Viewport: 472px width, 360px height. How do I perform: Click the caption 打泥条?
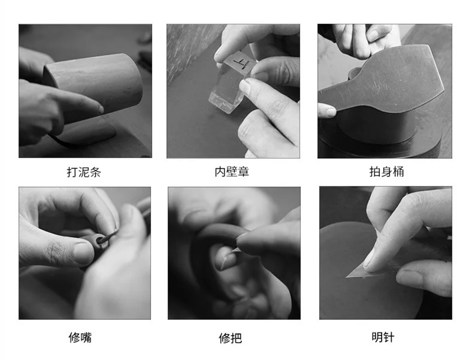[x=84, y=172]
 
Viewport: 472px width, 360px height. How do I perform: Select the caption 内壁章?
[x=232, y=171]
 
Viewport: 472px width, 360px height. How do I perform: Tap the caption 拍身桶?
[x=386, y=171]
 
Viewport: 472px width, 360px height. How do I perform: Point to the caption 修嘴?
[x=80, y=337]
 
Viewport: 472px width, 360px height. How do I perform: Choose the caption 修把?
[x=230, y=338]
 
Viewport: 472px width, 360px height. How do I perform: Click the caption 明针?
[x=383, y=337]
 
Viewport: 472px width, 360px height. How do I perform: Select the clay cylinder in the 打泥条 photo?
[x=93, y=87]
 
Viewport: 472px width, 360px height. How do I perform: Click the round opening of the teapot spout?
[x=99, y=241]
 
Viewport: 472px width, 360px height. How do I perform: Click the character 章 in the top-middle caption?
[x=244, y=171]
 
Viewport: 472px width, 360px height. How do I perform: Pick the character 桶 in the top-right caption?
[x=398, y=171]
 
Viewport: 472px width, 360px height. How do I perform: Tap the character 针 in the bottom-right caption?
[x=389, y=337]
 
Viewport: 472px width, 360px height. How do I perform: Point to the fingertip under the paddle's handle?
[x=329, y=112]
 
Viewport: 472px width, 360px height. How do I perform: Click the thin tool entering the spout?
[x=109, y=236]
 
